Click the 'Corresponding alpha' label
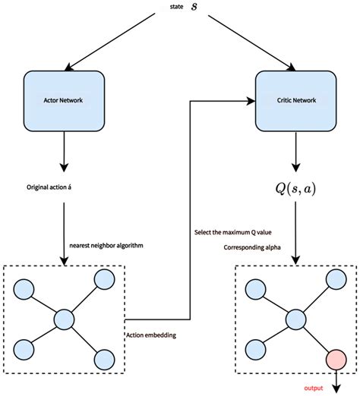click(x=254, y=247)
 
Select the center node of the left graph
click(x=64, y=318)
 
